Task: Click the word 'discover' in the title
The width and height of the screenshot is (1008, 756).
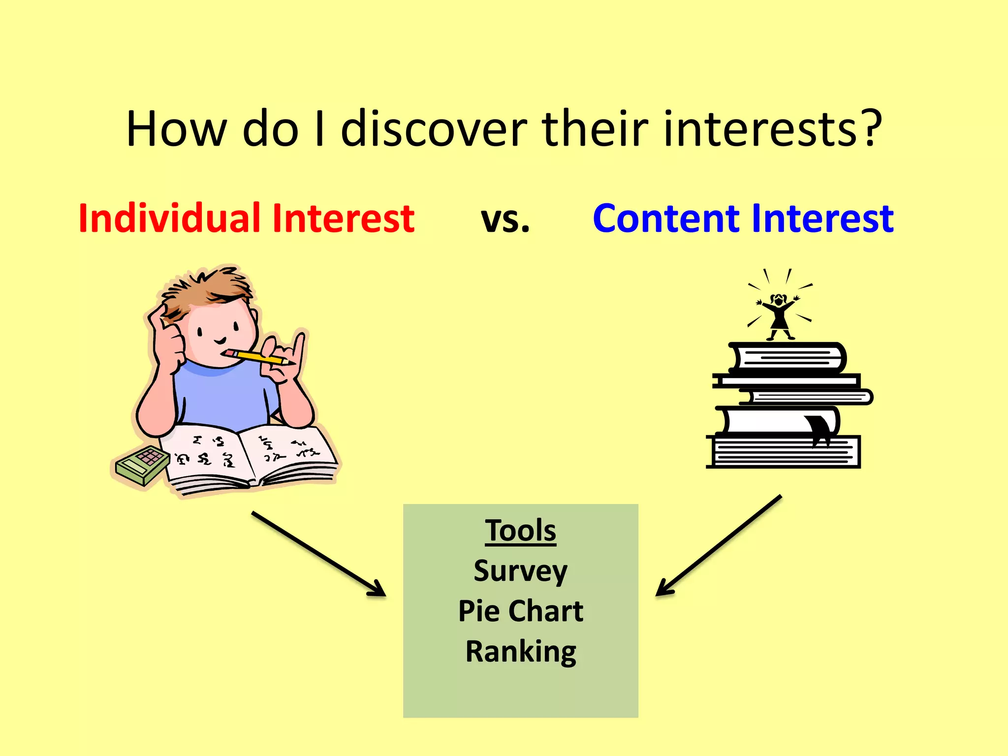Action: pyautogui.click(x=434, y=129)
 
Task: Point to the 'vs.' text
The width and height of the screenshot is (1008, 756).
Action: pyautogui.click(x=505, y=219)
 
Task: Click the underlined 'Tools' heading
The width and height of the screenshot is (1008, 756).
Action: pyautogui.click(x=520, y=531)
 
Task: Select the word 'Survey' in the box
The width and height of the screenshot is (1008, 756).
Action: pyautogui.click(x=520, y=571)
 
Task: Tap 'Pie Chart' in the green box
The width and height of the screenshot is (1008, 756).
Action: pyautogui.click(x=520, y=611)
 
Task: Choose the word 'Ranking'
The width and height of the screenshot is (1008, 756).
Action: pyautogui.click(x=520, y=652)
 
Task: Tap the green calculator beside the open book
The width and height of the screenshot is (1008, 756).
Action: pyautogui.click(x=142, y=465)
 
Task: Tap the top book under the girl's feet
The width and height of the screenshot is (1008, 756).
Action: pyautogui.click(x=787, y=358)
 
